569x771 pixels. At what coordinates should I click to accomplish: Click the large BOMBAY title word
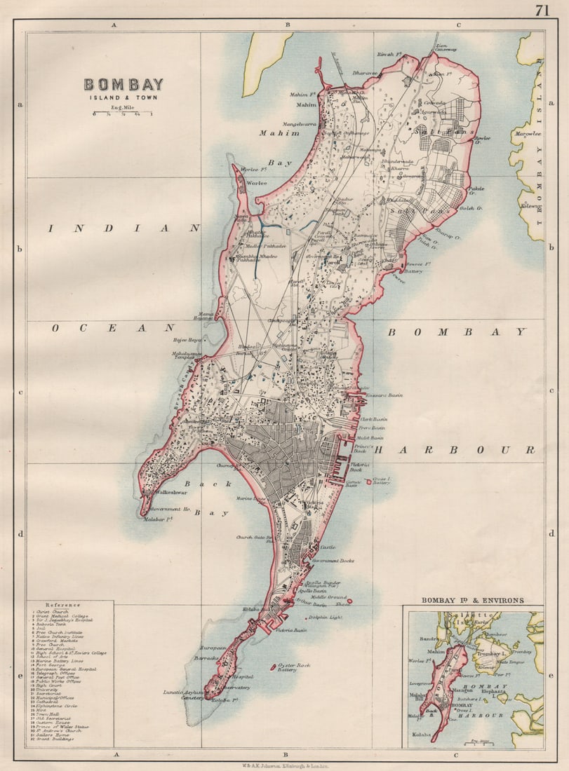click(x=123, y=85)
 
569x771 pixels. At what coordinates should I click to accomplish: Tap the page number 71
click(x=542, y=10)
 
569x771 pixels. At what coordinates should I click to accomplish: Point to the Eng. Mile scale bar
click(x=123, y=114)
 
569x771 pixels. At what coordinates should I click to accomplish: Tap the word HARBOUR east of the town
click(x=454, y=450)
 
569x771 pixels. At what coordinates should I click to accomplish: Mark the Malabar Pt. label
click(x=158, y=520)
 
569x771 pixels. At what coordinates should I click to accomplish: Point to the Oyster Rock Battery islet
click(x=273, y=667)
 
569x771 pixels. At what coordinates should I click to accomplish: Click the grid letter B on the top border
click(x=287, y=25)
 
